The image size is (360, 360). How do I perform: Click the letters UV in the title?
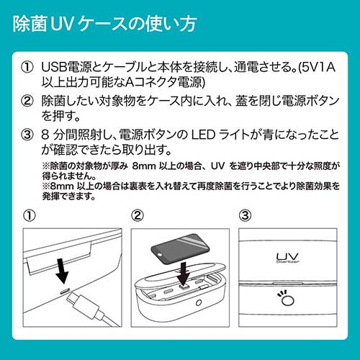59,23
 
